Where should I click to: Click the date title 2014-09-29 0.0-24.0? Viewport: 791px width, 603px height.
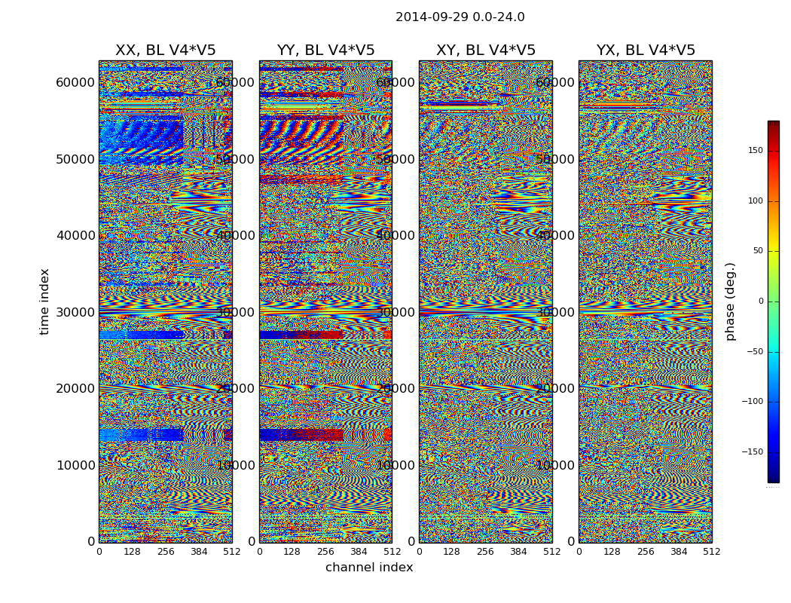coord(460,17)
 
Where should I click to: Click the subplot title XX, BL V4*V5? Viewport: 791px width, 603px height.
coord(165,51)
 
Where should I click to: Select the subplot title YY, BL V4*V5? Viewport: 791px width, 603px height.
coord(325,51)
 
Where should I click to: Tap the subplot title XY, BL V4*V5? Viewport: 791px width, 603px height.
coord(485,51)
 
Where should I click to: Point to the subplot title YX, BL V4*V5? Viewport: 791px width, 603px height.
coord(646,51)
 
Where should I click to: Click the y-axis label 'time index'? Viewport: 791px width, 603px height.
coord(44,301)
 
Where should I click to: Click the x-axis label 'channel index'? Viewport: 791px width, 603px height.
coord(369,568)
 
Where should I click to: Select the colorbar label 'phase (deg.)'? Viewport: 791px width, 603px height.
coord(730,301)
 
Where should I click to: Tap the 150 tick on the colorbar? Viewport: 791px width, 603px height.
coord(755,151)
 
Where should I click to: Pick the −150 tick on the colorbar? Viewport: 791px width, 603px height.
coord(753,452)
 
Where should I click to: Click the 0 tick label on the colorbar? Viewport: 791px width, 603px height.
coord(761,301)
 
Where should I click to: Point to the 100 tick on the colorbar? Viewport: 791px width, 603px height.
coord(755,201)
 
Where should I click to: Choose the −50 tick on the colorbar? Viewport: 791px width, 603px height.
coord(755,352)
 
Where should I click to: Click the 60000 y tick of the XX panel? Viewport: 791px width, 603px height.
coord(75,82)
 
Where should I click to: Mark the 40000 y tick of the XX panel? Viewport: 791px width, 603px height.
coord(75,235)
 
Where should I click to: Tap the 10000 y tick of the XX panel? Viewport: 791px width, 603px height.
coord(75,465)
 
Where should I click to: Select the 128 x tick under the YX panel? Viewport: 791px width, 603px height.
coord(612,552)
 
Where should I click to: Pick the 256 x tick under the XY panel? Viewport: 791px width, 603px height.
coord(485,552)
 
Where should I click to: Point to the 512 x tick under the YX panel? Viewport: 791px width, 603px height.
coord(711,552)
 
